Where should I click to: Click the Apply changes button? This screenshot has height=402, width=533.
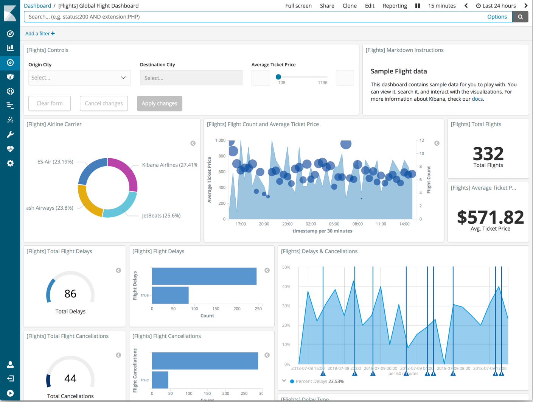pyautogui.click(x=159, y=103)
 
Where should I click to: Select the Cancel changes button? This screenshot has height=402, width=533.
pyautogui.click(x=104, y=103)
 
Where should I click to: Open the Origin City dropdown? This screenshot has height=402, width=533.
pyautogui.click(x=79, y=78)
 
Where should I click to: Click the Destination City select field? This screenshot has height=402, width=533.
pyautogui.click(x=191, y=78)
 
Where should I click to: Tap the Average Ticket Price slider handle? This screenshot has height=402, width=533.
pyautogui.click(x=278, y=77)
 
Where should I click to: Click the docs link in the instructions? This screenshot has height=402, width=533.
pyautogui.click(x=477, y=99)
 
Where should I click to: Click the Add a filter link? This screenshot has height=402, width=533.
pyautogui.click(x=40, y=33)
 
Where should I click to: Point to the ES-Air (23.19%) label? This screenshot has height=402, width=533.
pyautogui.click(x=55, y=162)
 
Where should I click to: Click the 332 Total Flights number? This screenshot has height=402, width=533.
pyautogui.click(x=488, y=154)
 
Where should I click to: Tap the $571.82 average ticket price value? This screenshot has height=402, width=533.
pyautogui.click(x=490, y=217)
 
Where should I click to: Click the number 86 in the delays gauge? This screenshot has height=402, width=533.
pyautogui.click(x=70, y=293)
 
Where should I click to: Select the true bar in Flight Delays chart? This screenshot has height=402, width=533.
pyautogui.click(x=170, y=295)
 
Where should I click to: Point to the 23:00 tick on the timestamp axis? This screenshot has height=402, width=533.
pyautogui.click(x=287, y=224)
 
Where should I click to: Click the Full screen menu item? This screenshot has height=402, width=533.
pyautogui.click(x=298, y=6)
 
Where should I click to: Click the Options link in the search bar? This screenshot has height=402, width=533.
pyautogui.click(x=497, y=17)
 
